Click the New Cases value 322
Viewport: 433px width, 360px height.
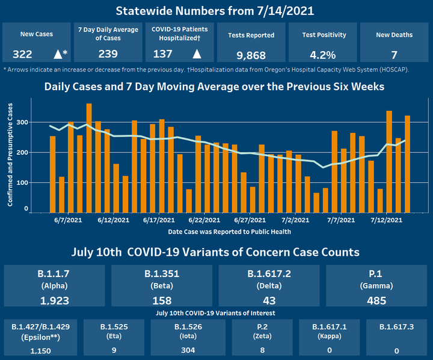click(x=22, y=55)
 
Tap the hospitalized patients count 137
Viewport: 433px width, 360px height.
click(x=163, y=54)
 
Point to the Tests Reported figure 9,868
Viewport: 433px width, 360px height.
click(x=251, y=55)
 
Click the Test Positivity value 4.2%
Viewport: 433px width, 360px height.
click(x=323, y=55)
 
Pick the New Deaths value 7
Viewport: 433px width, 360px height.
click(x=394, y=55)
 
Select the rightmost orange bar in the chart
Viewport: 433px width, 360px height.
click(x=407, y=164)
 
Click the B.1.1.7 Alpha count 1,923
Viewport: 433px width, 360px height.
click(x=54, y=300)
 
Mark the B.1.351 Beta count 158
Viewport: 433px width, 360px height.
click(x=161, y=300)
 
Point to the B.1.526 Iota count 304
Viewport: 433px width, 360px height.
click(x=188, y=350)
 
